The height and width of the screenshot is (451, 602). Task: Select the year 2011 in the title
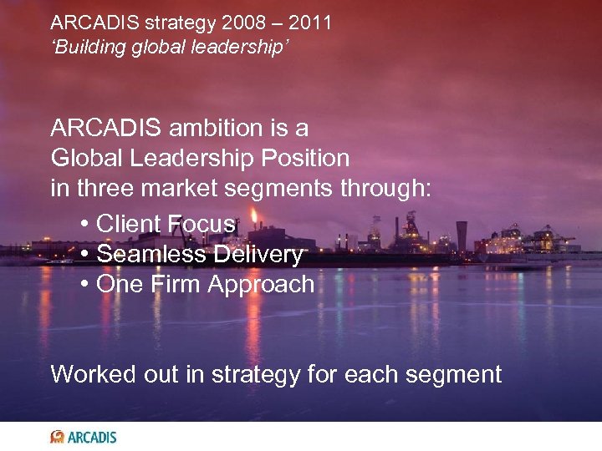pyautogui.click(x=309, y=23)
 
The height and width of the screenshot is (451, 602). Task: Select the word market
pyautogui.click(x=179, y=188)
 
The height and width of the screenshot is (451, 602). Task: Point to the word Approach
pyautogui.click(x=261, y=285)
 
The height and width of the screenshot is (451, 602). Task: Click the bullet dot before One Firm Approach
pyautogui.click(x=86, y=285)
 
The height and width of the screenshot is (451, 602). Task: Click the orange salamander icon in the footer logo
pyautogui.click(x=57, y=436)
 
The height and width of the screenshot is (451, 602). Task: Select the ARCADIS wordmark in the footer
pyautogui.click(x=92, y=437)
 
